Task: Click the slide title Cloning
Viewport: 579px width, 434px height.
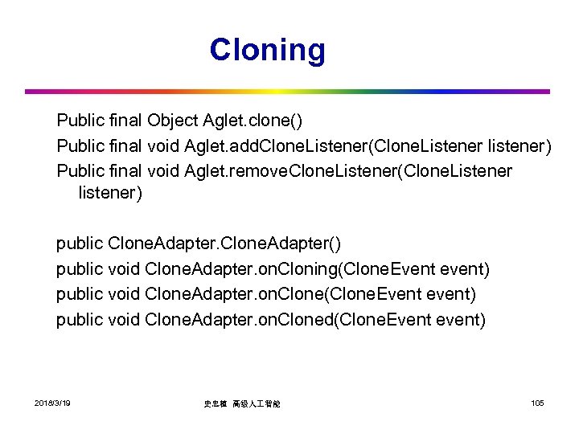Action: [x=268, y=50]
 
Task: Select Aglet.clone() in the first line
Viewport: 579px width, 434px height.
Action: [x=253, y=121]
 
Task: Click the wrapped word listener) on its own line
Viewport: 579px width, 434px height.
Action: [x=110, y=194]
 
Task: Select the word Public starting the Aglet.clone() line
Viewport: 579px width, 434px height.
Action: [x=79, y=121]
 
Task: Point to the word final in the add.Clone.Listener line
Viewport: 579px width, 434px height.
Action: [x=123, y=146]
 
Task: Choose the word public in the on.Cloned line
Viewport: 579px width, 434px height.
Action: [x=79, y=320]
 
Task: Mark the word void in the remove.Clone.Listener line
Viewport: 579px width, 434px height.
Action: [x=163, y=171]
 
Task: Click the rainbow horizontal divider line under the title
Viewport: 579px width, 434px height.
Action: [x=287, y=92]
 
